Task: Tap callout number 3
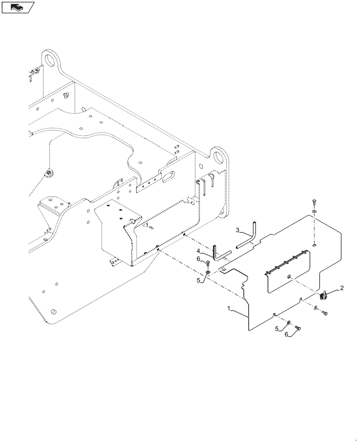(238, 230)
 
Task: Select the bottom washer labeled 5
(289, 322)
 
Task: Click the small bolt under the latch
(325, 314)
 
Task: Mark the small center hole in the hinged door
(289, 277)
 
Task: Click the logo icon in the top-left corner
(17, 7)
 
